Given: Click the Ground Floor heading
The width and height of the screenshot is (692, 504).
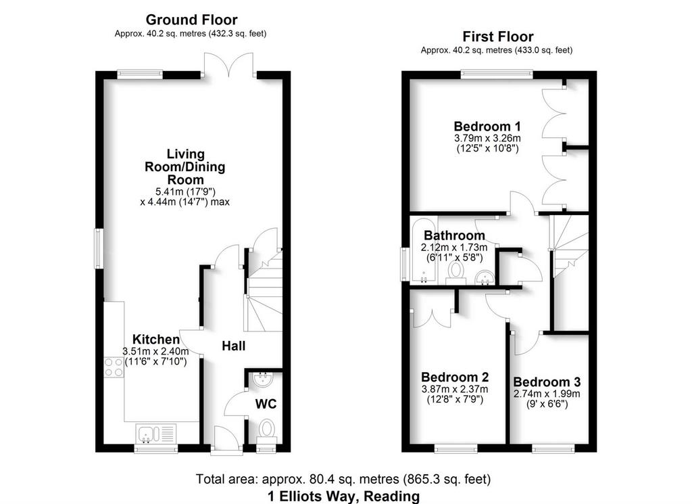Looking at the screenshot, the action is (x=191, y=20).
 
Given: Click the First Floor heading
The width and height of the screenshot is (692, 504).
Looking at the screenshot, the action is (x=498, y=37).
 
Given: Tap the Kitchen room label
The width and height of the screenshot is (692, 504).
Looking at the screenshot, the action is (x=156, y=339).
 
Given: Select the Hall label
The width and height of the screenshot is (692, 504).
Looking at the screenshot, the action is (x=233, y=346).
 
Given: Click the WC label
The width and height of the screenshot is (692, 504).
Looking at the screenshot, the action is (x=266, y=404).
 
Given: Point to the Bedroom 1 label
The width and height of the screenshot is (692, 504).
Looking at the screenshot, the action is (x=487, y=127).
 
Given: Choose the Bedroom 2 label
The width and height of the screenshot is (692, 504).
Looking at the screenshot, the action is (x=455, y=377).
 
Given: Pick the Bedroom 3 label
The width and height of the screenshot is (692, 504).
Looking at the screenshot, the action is (x=547, y=382).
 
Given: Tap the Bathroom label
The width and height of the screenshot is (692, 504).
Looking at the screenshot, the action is (x=454, y=235).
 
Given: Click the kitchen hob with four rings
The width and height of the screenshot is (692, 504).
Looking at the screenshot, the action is (x=114, y=367).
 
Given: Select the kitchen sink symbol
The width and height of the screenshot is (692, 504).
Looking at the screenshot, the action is (x=157, y=434).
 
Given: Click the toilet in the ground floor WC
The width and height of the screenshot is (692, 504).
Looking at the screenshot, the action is (x=266, y=431).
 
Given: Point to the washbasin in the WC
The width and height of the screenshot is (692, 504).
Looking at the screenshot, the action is (x=264, y=379).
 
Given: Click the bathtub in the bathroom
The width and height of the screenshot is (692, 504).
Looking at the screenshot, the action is (x=423, y=250).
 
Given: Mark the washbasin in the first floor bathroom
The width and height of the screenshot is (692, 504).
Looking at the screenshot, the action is (x=485, y=277).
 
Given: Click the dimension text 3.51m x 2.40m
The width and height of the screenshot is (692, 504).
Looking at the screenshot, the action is (x=156, y=352).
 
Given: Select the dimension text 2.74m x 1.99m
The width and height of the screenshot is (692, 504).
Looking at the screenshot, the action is (x=547, y=394).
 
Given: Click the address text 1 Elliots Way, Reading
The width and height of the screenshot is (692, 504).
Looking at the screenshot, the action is (x=343, y=496).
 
